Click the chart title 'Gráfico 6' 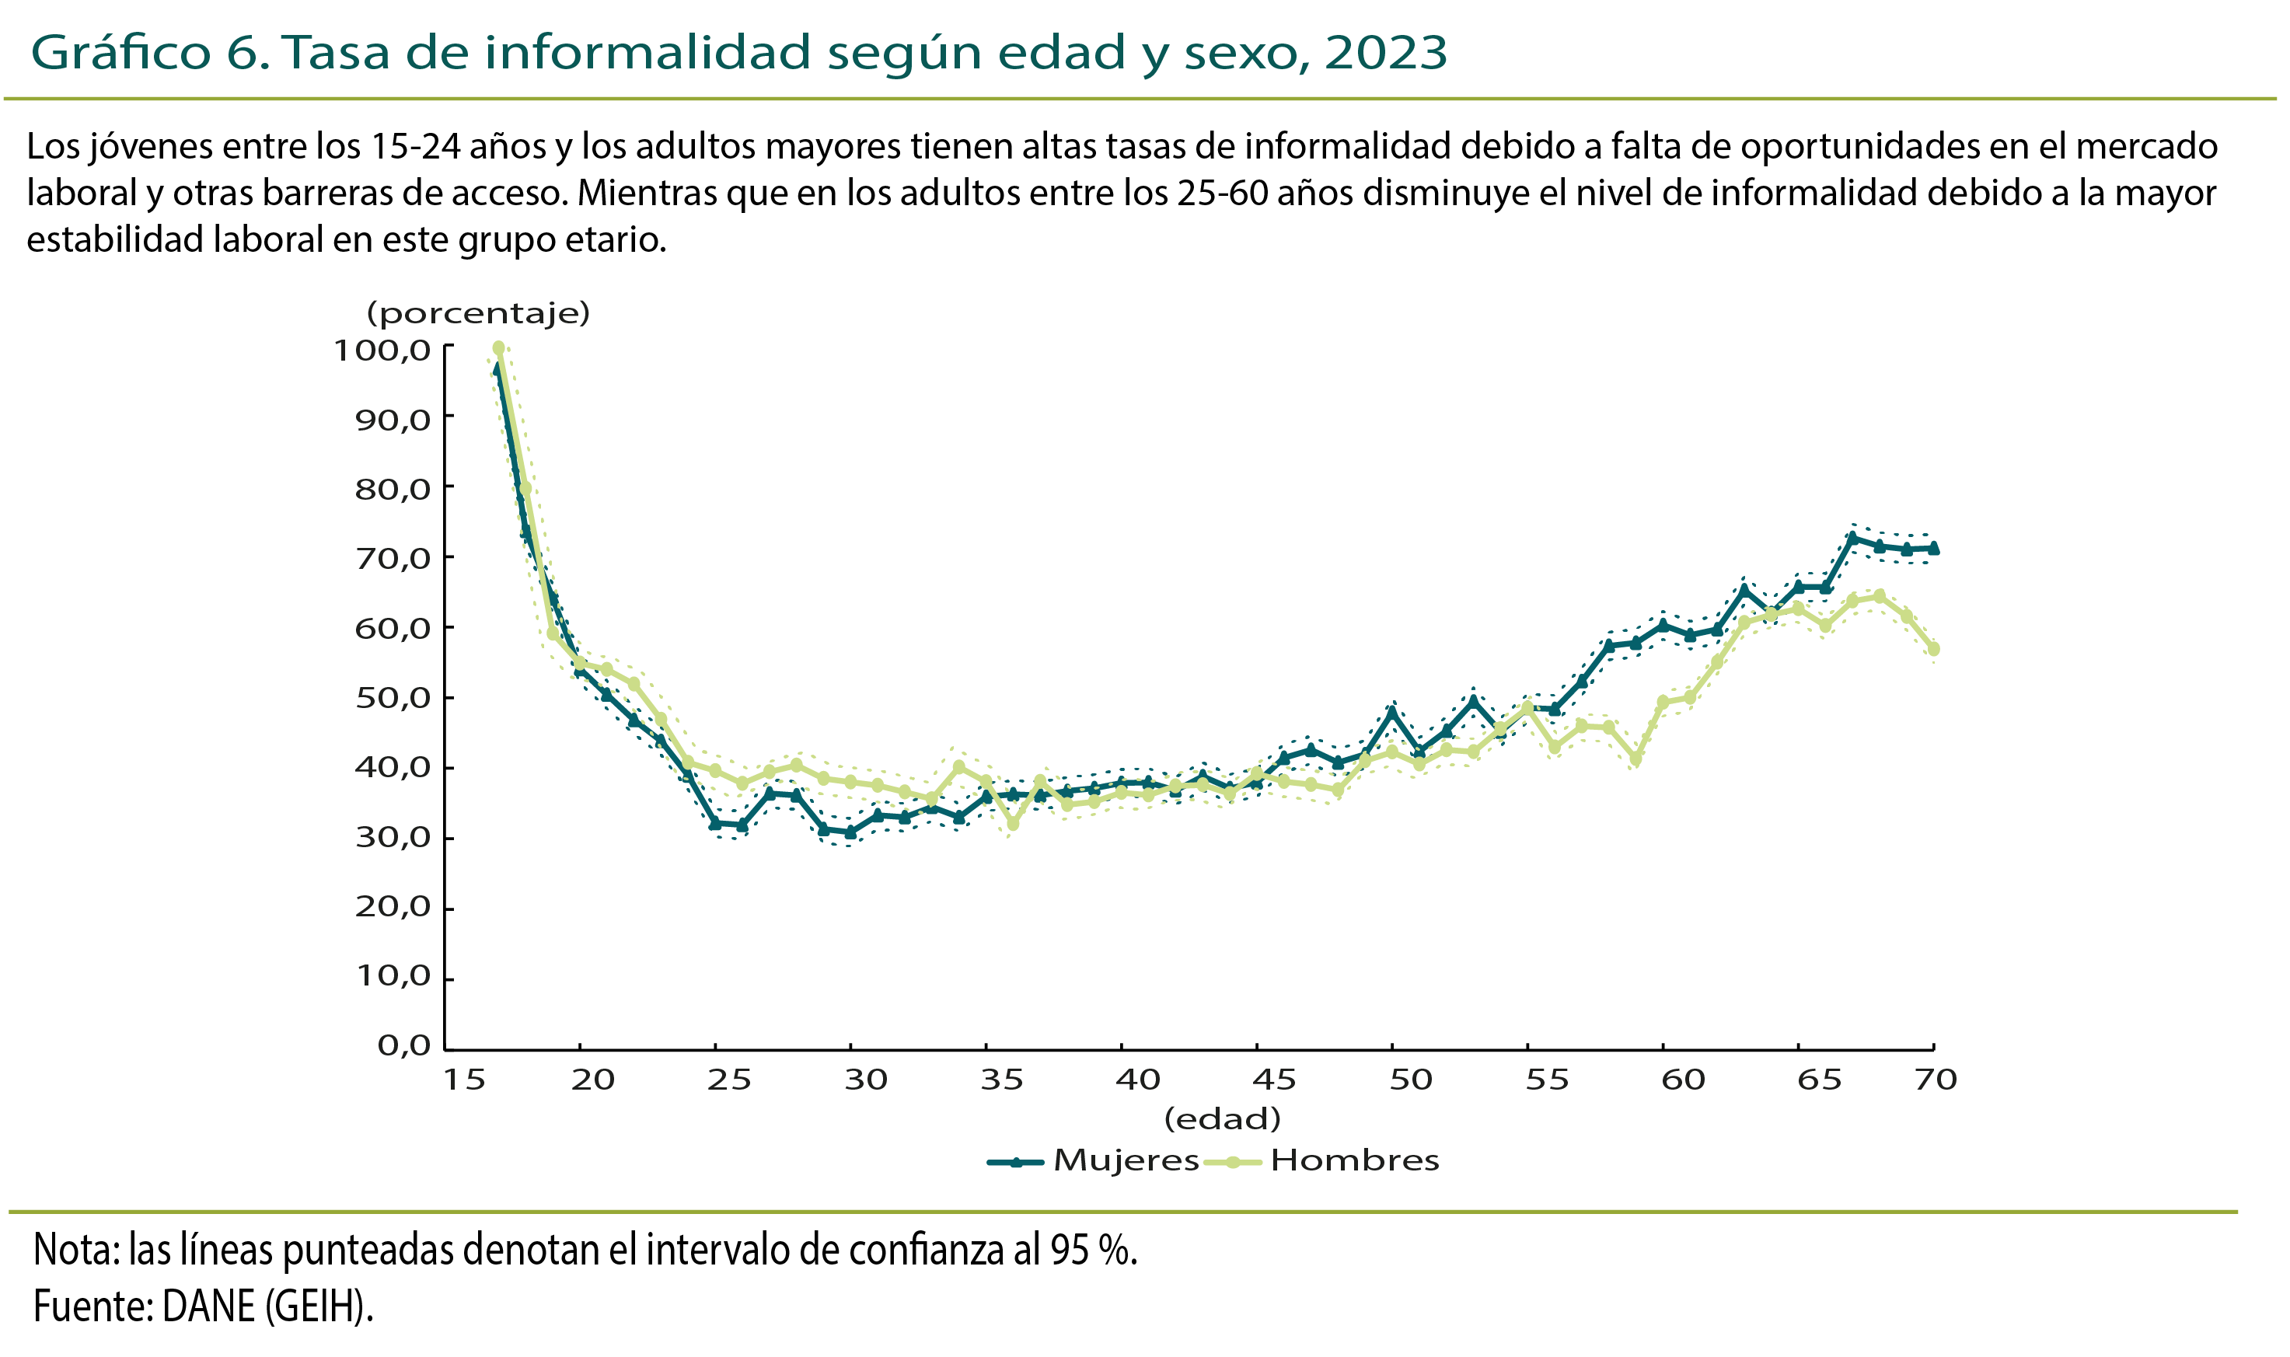[x=150, y=52]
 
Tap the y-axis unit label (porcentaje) [x=478, y=314]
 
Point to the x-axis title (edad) [x=1222, y=1118]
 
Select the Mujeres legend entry [x=1093, y=1160]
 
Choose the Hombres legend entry [x=1322, y=1160]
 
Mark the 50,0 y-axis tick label [x=393, y=698]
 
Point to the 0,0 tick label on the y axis [x=403, y=1045]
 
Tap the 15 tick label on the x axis [x=465, y=1080]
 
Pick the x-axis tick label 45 [x=1274, y=1080]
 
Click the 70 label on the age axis [x=1936, y=1080]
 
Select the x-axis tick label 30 [x=865, y=1080]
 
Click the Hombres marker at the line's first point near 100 [x=498, y=348]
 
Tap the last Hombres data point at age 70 [x=1933, y=649]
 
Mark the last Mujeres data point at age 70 [x=1933, y=549]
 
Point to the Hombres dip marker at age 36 [x=1012, y=824]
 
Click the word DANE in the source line [x=208, y=1306]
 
